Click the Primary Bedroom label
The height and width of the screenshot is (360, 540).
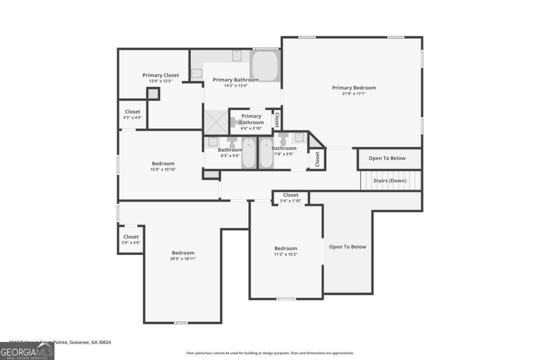(x=354, y=88)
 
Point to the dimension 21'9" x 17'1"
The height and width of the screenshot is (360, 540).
(x=354, y=94)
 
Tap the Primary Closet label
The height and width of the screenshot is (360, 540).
(x=161, y=75)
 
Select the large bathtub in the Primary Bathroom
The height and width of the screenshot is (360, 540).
(x=265, y=66)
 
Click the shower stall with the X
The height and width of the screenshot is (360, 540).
(x=216, y=122)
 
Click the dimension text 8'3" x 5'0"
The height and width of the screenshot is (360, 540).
(x=230, y=156)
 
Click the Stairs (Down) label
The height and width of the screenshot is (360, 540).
(x=390, y=180)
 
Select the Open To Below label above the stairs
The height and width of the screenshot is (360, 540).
(x=387, y=158)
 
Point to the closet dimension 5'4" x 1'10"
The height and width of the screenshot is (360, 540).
(x=291, y=201)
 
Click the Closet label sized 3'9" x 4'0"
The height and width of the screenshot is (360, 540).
(x=131, y=237)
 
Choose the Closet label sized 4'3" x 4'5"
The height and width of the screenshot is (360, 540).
(x=132, y=112)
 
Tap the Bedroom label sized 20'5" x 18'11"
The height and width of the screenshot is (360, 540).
(x=183, y=253)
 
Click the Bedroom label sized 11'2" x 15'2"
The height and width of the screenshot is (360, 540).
(x=286, y=248)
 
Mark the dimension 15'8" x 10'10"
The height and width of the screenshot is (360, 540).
(x=163, y=169)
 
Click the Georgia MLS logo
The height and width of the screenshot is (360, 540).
(x=27, y=351)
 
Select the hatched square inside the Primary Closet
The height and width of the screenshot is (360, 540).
(x=153, y=94)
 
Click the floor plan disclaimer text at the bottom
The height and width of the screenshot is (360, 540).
(x=270, y=353)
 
